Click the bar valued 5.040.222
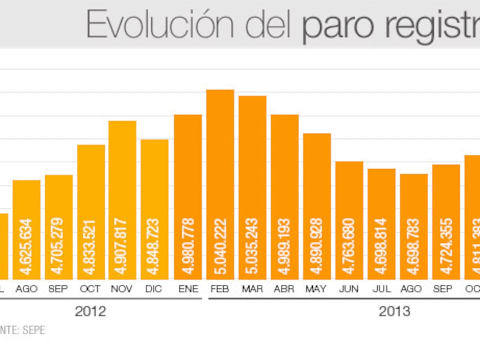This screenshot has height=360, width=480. pyautogui.click(x=220, y=184)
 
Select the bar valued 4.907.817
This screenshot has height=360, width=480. pyautogui.click(x=122, y=200)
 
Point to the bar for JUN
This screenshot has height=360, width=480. pyautogui.click(x=349, y=220)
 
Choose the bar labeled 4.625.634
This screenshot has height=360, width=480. pyautogui.click(x=26, y=230)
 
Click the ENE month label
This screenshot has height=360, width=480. pyautogui.click(x=188, y=289)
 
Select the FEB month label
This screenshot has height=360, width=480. pyautogui.click(x=220, y=289)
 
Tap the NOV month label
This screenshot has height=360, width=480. pyautogui.click(x=122, y=289)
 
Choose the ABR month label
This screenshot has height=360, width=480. pyautogui.click(x=285, y=289)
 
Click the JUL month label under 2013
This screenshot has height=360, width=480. pyautogui.click(x=382, y=289)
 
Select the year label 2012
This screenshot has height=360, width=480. pyautogui.click(x=90, y=311)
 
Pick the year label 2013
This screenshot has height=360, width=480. pyautogui.click(x=395, y=311)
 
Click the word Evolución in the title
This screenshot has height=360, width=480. pyautogui.click(x=160, y=25)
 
